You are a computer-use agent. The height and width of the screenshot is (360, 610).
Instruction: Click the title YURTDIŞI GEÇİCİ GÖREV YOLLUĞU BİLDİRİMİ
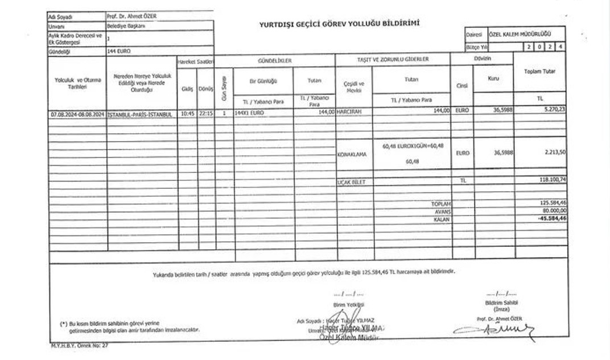coord(339,23)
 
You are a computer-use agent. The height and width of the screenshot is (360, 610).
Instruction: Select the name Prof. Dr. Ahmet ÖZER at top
coord(131,16)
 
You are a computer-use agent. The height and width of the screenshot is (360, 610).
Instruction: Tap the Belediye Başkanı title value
coord(126,26)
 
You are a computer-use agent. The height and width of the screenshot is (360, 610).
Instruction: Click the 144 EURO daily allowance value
coord(119,51)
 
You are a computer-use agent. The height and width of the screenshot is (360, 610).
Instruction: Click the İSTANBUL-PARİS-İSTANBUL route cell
coord(139,114)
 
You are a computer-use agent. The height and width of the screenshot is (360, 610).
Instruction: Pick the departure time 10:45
coord(187,113)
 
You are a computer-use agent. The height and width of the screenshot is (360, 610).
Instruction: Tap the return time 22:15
coord(206,113)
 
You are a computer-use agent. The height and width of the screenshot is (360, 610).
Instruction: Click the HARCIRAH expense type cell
coord(350,113)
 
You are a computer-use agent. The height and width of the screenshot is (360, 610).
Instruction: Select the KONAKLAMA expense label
coord(352,154)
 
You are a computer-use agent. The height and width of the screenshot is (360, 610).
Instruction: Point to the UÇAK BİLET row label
coord(351,182)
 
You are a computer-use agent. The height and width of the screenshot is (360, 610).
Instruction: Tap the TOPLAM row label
coord(440,203)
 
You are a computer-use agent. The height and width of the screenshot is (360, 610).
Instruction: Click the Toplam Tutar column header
coord(539,72)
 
